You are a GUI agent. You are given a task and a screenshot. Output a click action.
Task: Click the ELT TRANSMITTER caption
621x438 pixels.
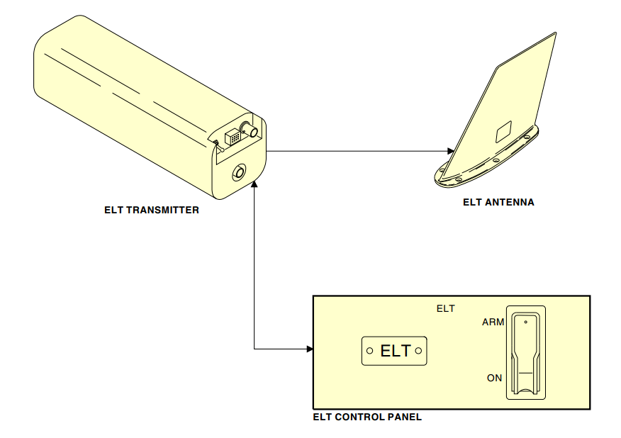click(x=151, y=210)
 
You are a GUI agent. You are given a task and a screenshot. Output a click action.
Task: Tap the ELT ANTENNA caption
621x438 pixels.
click(x=498, y=202)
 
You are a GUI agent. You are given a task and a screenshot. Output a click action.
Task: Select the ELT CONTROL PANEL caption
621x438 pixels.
click(x=367, y=417)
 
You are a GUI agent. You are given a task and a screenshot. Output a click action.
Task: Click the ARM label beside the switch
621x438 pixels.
click(x=493, y=322)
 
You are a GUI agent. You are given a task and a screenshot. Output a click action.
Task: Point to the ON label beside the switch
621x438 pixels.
click(x=495, y=378)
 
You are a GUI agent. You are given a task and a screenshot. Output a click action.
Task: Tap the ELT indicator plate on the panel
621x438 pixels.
click(x=395, y=350)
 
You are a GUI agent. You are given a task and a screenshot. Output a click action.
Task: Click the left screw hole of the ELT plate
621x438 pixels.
click(x=369, y=350)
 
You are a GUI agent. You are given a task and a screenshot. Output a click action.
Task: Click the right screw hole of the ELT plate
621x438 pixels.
click(x=419, y=350)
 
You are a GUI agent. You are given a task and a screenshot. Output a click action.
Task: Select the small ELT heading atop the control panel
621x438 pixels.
click(x=445, y=308)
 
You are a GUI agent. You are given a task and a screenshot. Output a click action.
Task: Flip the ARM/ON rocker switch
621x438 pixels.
click(x=525, y=352)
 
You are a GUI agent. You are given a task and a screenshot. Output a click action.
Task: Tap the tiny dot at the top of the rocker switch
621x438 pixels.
click(x=525, y=322)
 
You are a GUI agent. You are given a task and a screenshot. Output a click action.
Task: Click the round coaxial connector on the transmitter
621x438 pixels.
click(x=248, y=130)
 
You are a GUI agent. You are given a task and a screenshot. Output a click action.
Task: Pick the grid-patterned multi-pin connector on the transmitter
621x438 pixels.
click(x=232, y=137)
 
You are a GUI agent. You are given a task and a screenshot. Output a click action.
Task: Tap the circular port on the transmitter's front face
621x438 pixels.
click(x=237, y=172)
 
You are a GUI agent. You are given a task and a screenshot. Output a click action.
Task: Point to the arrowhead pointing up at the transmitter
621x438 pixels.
click(x=254, y=184)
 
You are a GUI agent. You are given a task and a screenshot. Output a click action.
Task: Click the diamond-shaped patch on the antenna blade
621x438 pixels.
click(x=502, y=130)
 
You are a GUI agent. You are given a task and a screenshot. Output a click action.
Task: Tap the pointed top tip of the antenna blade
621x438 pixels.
click(x=555, y=33)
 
